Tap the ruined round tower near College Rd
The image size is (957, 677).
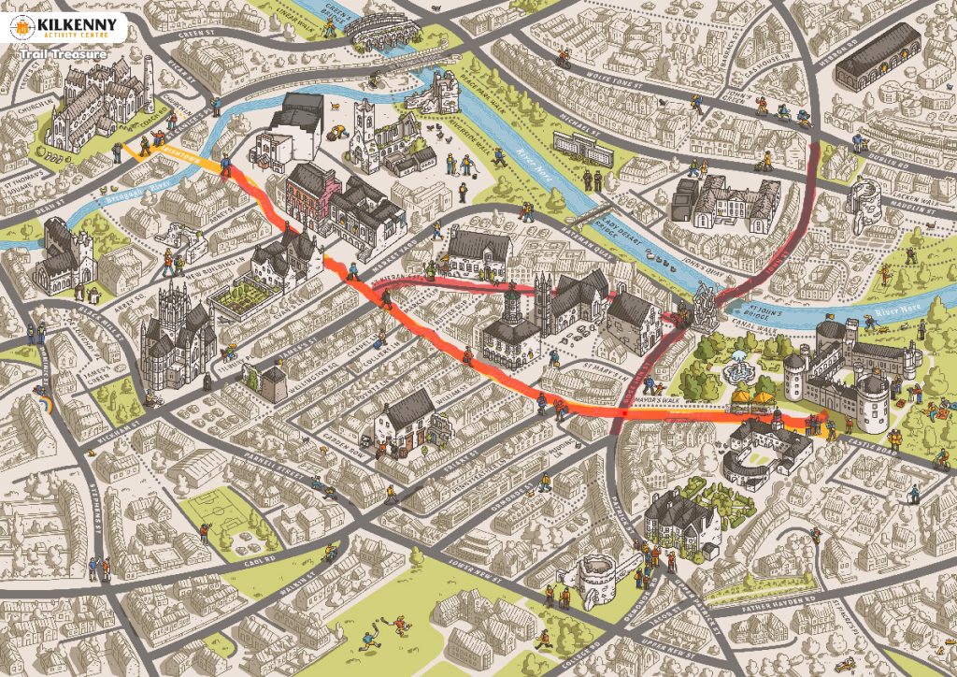(x=597, y=580)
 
